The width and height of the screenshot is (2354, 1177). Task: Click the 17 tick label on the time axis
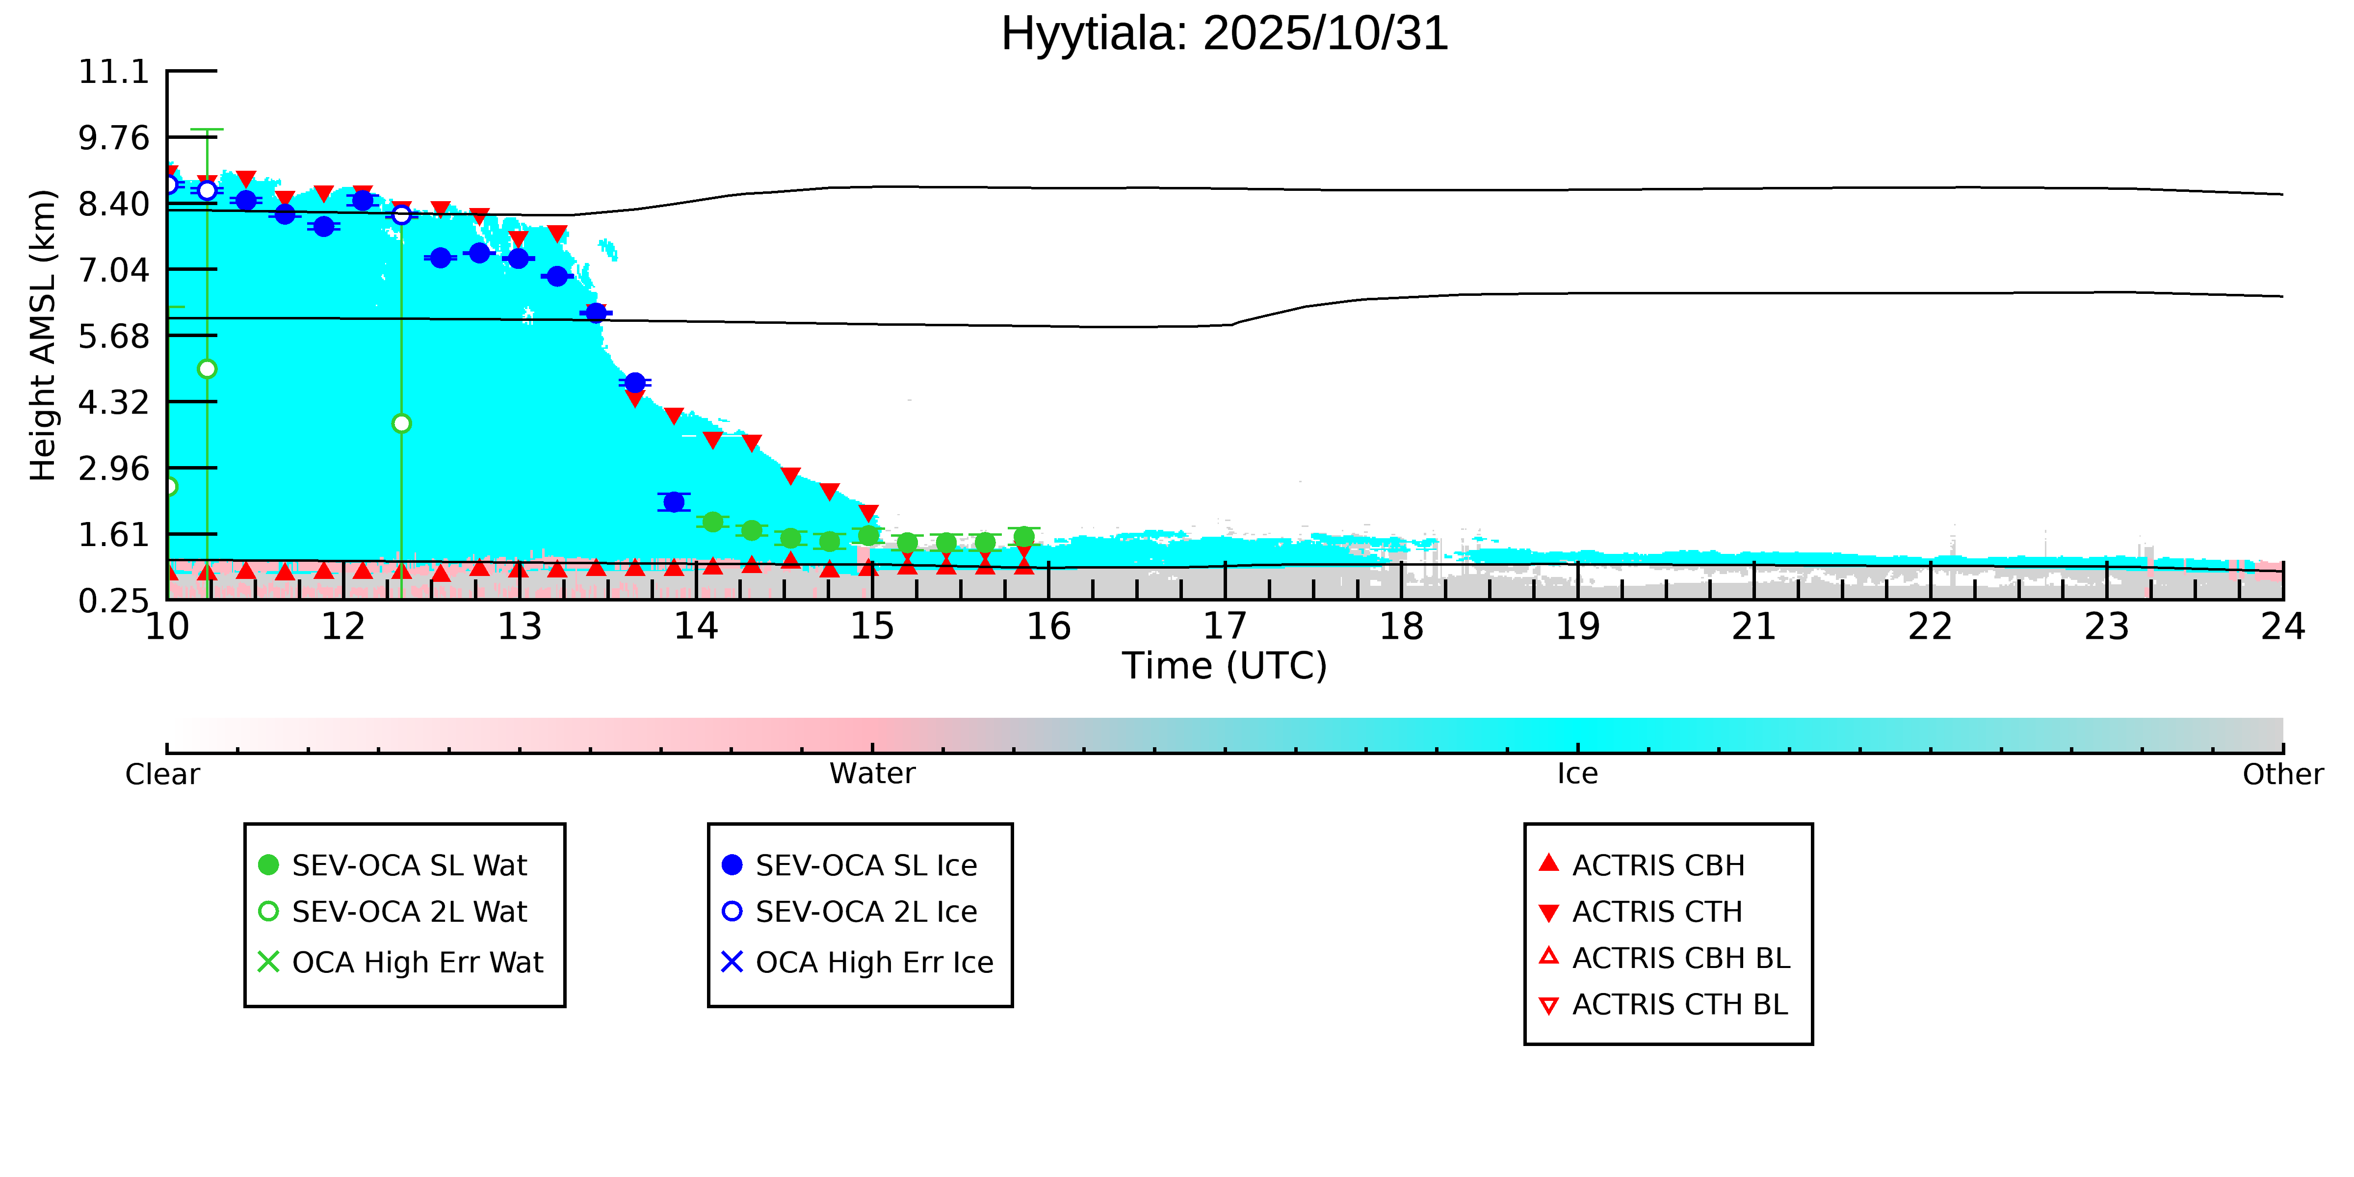(1225, 627)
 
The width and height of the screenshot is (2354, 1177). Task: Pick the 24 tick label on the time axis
(2282, 627)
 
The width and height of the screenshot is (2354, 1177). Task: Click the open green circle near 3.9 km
(401, 423)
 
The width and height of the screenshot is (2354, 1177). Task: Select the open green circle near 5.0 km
(208, 369)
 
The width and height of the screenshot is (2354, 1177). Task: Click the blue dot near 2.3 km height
(674, 502)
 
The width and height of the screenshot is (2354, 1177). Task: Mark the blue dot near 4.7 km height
(635, 382)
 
